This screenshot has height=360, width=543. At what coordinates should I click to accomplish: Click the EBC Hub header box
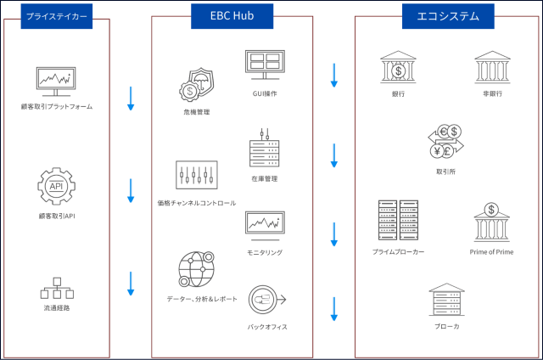[x=231, y=15]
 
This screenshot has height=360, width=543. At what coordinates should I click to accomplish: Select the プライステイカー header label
[x=57, y=15]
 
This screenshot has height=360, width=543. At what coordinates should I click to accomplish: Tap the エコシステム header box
[x=447, y=15]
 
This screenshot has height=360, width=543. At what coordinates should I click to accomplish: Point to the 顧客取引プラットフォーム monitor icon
[x=57, y=82]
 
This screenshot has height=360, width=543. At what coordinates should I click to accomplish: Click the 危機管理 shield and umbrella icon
[x=196, y=85]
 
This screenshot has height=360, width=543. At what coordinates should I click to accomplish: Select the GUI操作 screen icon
[x=265, y=66]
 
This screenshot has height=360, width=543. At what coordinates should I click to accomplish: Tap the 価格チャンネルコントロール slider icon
[x=196, y=176]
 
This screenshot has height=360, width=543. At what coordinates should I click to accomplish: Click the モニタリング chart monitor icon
[x=265, y=225]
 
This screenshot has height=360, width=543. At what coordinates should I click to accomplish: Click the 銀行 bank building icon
[x=398, y=67]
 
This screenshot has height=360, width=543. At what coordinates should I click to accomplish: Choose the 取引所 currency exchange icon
[x=447, y=142]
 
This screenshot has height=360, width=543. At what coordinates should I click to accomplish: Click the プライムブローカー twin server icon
[x=398, y=220]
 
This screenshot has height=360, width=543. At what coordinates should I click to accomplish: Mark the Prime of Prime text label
[x=491, y=252]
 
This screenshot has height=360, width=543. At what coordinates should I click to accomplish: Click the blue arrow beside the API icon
[x=131, y=190]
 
